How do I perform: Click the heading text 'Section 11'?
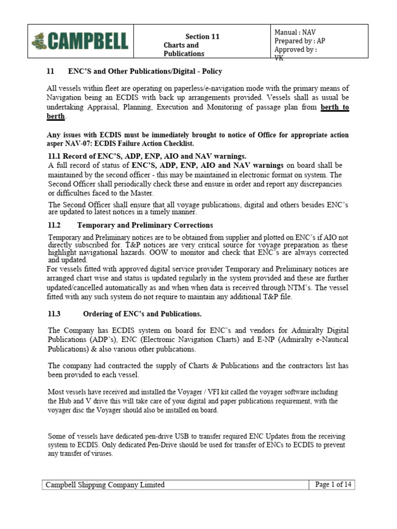[x=203, y=37]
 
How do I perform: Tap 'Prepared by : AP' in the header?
[x=300, y=41]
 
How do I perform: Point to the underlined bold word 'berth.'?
[x=56, y=116]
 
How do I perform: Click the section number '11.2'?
[x=54, y=225]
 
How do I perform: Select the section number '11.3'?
[x=54, y=314]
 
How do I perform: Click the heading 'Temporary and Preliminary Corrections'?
[x=145, y=225]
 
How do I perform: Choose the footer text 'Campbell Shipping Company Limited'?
[x=105, y=485]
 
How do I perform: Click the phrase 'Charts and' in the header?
[x=181, y=45]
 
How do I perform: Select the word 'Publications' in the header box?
[x=184, y=54]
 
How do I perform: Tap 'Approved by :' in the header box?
[x=296, y=50]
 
